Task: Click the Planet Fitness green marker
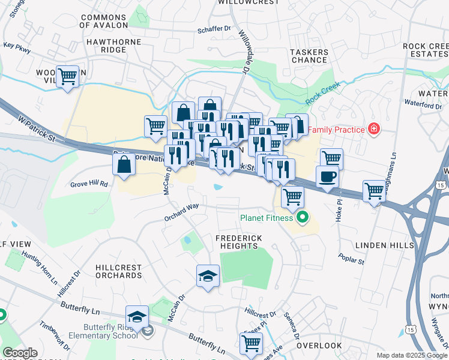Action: coord(303,218)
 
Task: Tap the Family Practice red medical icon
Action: coord(374,128)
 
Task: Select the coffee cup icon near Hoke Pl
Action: coord(327,176)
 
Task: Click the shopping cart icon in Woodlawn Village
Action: coord(68,76)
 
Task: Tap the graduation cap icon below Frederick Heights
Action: coord(208,275)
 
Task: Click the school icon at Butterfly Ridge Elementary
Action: coord(137,317)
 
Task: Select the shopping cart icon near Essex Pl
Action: coord(251,343)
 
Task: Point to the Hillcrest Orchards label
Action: coord(118,271)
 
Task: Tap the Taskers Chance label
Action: coord(309,56)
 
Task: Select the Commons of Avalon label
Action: coord(104,22)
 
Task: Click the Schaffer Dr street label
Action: coord(214,29)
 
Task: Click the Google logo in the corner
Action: coord(20,353)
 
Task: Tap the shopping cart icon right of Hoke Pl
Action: coord(374,191)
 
